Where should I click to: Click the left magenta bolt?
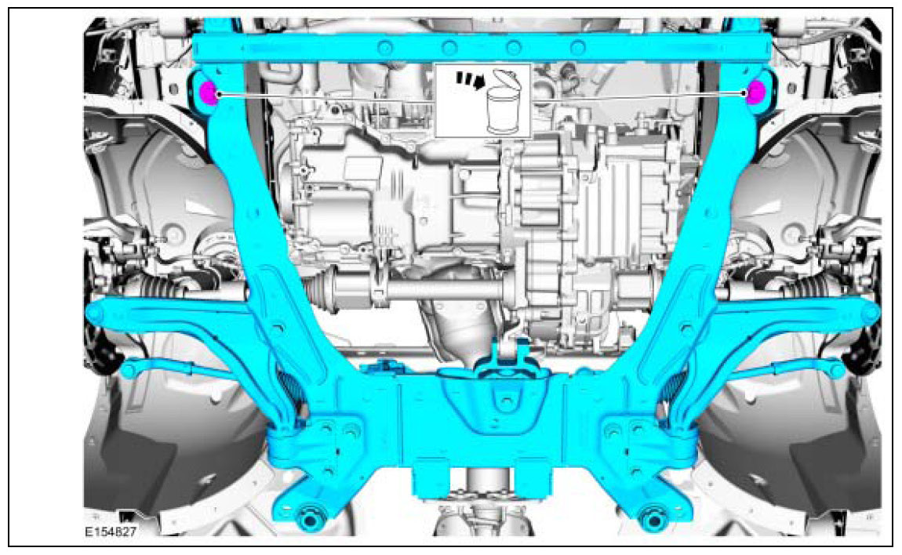207,93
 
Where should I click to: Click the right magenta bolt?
755,92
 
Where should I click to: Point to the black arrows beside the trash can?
467,80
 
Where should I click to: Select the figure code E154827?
111,532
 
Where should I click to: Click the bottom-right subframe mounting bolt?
653,516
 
